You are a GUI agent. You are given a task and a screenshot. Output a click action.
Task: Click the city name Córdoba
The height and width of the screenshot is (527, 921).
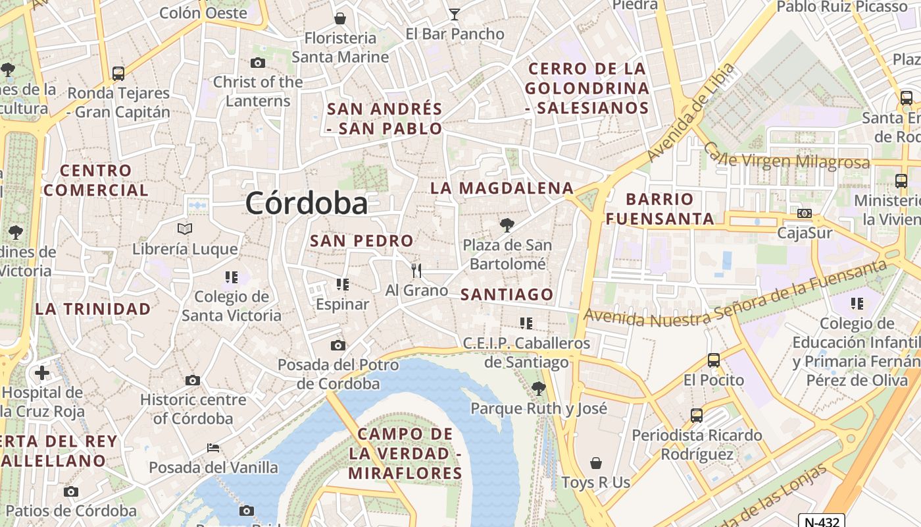click(x=306, y=204)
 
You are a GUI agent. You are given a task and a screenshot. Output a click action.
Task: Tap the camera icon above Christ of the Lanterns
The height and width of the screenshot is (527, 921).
click(x=258, y=63)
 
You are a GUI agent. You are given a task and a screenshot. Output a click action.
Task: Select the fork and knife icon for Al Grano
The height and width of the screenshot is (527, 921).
click(x=416, y=270)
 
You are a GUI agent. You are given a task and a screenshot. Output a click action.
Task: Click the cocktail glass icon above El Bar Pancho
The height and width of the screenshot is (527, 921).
click(x=454, y=13)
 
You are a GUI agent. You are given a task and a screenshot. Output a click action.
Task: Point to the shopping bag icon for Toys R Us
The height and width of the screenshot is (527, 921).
click(x=596, y=463)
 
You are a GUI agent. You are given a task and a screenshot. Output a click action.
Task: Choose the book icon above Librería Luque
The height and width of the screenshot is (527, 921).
click(x=185, y=229)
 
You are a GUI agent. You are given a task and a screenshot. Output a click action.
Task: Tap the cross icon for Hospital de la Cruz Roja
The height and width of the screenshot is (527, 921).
click(x=42, y=374)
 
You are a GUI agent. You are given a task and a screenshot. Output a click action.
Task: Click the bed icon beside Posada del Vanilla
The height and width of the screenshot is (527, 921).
click(x=213, y=448)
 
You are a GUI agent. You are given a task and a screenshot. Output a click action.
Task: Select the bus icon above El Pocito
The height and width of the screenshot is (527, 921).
click(x=714, y=360)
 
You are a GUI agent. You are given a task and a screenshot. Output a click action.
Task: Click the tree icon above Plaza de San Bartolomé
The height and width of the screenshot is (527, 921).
click(x=507, y=225)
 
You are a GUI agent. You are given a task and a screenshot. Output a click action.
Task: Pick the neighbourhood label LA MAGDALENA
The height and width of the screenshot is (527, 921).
click(x=502, y=188)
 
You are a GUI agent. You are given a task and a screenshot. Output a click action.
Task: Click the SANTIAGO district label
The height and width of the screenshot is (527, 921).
click(x=507, y=294)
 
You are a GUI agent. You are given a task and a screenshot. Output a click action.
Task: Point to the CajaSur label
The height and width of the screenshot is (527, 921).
click(x=805, y=233)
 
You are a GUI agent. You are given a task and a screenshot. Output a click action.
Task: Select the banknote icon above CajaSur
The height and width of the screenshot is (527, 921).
click(x=804, y=213)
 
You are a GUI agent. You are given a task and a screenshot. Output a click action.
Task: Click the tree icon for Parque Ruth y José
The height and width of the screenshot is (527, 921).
click(x=539, y=389)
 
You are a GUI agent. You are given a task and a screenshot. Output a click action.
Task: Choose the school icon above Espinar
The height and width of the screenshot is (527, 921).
click(x=342, y=285)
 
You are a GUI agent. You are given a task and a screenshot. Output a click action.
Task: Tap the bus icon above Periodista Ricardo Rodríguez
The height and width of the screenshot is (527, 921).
click(x=697, y=416)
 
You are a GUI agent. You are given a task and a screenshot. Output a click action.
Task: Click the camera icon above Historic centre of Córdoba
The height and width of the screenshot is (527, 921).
click(x=193, y=380)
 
